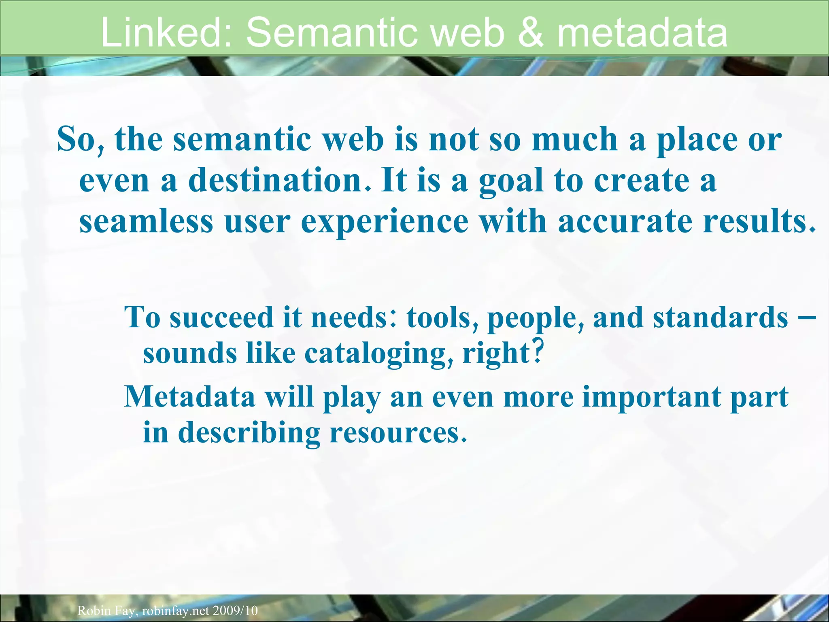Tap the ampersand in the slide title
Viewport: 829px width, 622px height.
point(531,32)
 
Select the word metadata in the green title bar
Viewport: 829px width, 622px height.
point(642,32)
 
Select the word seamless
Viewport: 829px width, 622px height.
point(146,222)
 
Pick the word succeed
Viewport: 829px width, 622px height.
point(221,317)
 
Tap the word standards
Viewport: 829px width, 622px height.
point(721,317)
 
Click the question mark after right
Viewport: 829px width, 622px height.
point(537,351)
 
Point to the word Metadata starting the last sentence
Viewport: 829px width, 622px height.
point(189,396)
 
